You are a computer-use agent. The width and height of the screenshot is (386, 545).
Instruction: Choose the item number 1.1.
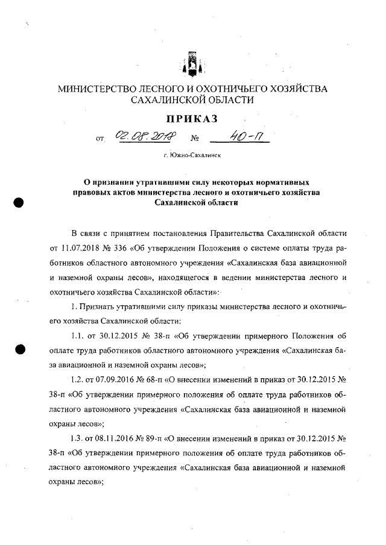coord(77,335)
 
